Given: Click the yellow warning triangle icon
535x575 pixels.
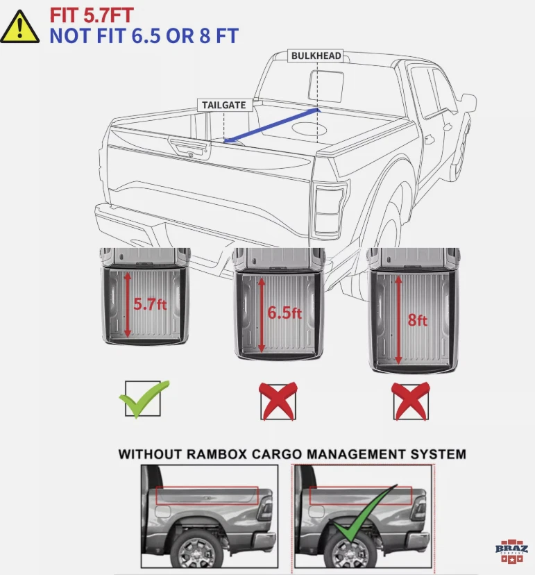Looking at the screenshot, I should (19, 26).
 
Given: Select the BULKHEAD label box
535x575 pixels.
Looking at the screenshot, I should (316, 56).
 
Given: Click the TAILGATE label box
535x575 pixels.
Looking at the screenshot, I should (224, 105).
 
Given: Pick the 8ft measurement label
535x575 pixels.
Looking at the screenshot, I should (418, 320).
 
